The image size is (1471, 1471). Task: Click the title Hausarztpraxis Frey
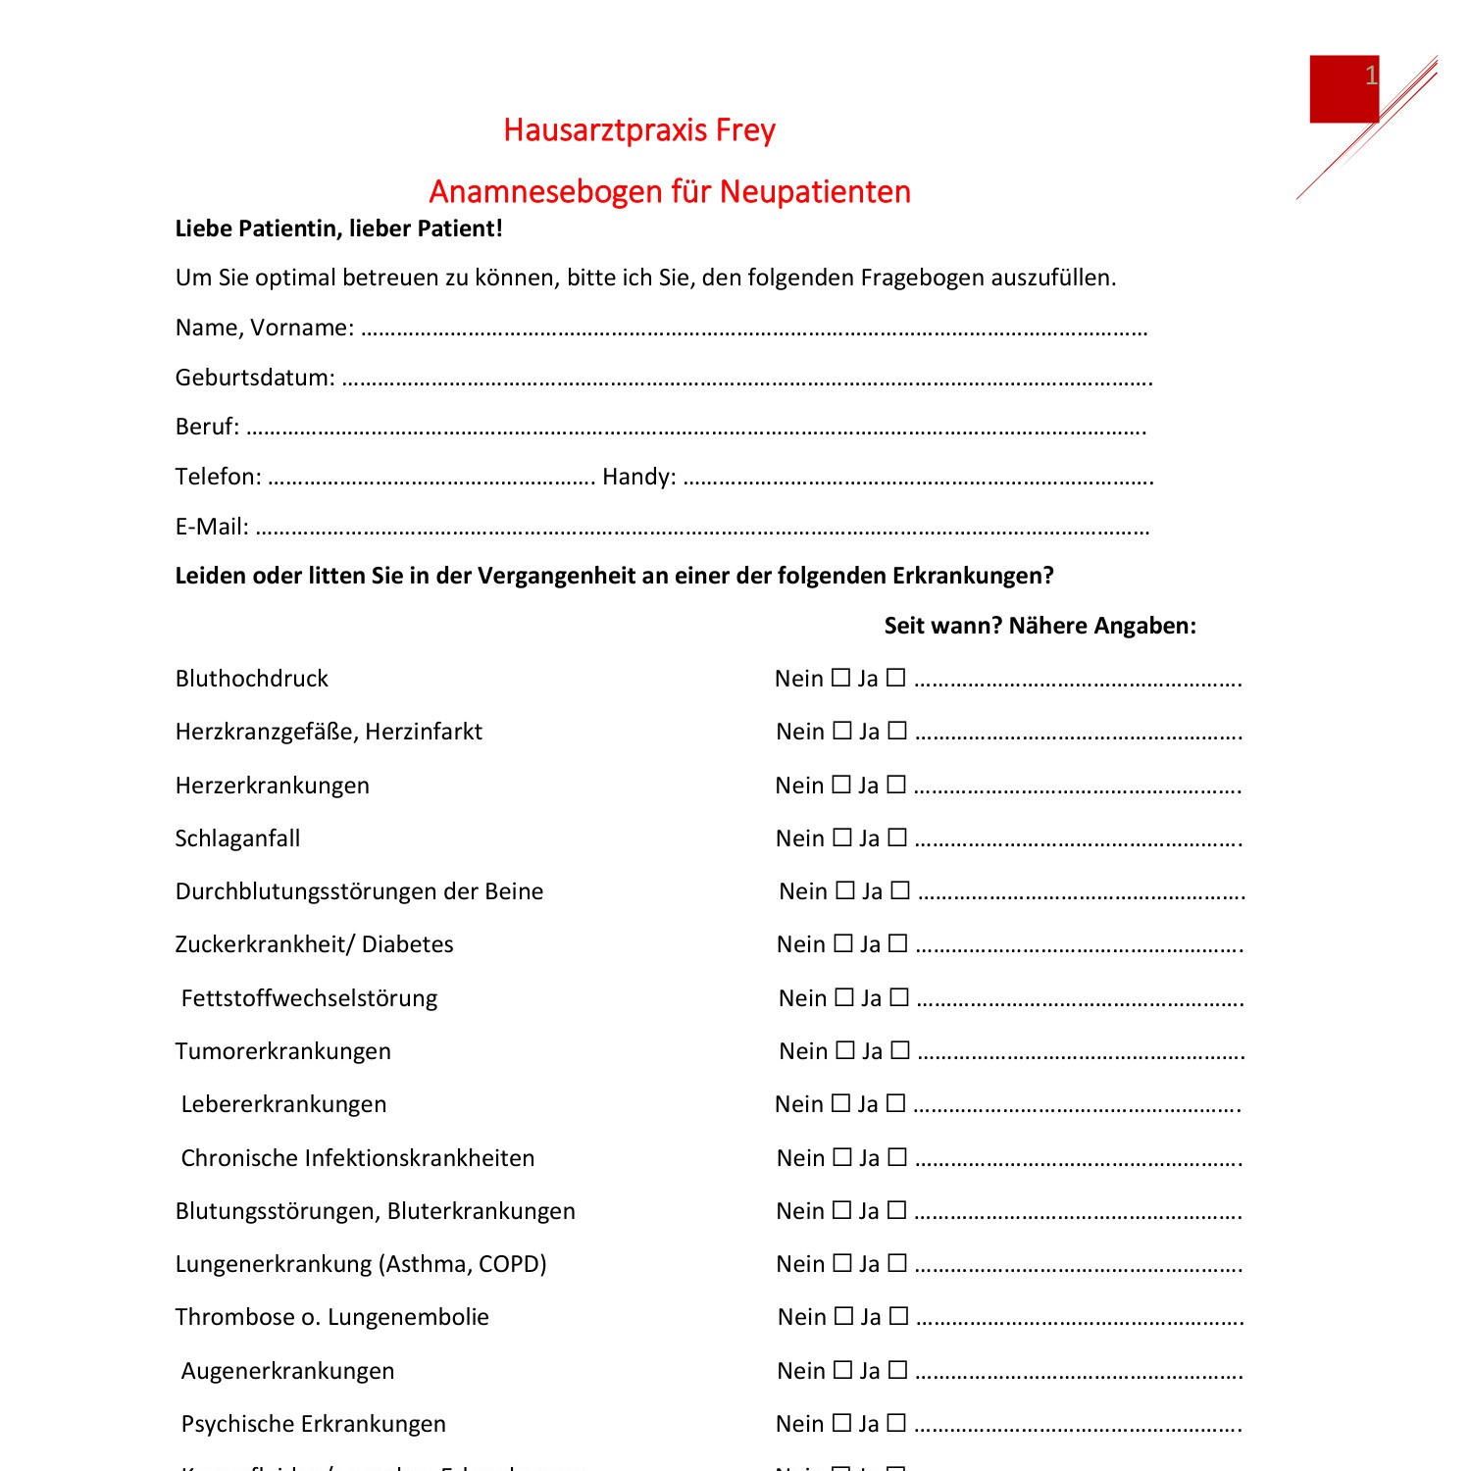(x=639, y=130)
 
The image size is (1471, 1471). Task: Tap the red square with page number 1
(x=1344, y=89)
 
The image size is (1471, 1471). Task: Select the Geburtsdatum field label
(x=255, y=378)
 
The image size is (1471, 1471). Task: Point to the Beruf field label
(x=207, y=427)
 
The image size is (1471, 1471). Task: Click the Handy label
(x=638, y=477)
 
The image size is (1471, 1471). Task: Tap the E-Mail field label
(x=212, y=527)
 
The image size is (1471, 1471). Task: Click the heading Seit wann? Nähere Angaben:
(x=1040, y=626)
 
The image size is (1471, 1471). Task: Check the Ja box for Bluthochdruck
(x=895, y=678)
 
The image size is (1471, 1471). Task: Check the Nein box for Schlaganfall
(x=841, y=837)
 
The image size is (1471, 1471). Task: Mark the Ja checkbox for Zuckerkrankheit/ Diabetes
(x=898, y=943)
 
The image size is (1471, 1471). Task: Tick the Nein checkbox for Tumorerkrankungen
(x=845, y=1050)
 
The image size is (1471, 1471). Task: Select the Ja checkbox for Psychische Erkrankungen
(x=896, y=1423)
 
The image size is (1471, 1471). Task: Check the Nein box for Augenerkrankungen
(x=842, y=1370)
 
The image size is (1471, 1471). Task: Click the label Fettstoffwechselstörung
(x=309, y=998)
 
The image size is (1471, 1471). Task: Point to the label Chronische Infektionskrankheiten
(x=358, y=1158)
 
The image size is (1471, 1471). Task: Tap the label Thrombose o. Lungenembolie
(x=331, y=1317)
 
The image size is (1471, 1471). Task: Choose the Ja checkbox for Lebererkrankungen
(x=895, y=1103)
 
